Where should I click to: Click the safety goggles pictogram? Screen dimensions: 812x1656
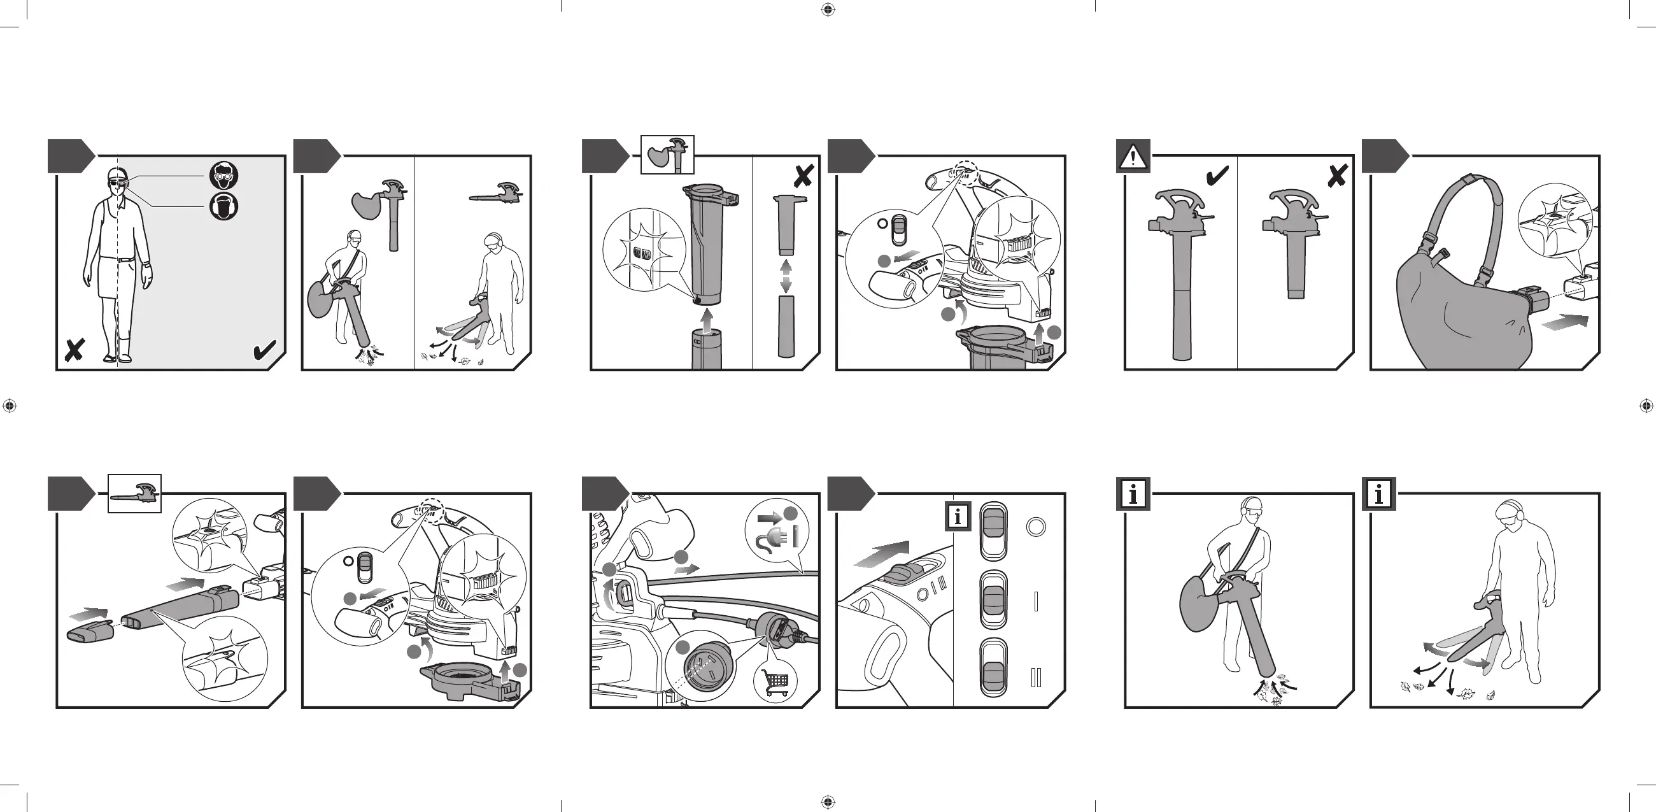tap(223, 176)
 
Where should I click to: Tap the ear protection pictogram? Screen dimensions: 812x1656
tap(223, 206)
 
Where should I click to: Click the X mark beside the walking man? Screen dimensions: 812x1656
tap(74, 350)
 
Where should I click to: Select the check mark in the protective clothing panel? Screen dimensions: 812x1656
tap(264, 350)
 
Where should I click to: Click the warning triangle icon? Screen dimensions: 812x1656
tap(1133, 157)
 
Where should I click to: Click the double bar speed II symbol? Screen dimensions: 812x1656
tap(1035, 678)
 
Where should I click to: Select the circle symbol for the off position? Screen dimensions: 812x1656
tap(1035, 527)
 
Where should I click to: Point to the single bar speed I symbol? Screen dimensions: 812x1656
tap(1036, 602)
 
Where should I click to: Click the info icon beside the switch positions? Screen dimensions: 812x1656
tap(958, 516)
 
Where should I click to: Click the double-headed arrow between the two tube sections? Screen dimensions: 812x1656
tap(786, 276)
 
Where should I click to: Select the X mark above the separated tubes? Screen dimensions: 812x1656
tap(803, 176)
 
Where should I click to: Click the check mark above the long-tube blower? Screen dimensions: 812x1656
tap(1217, 176)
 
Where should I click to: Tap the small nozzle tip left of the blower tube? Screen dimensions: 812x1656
tap(90, 630)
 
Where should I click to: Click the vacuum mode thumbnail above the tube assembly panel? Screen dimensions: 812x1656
tap(668, 155)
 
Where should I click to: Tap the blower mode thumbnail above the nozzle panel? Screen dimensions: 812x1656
tap(134, 494)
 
